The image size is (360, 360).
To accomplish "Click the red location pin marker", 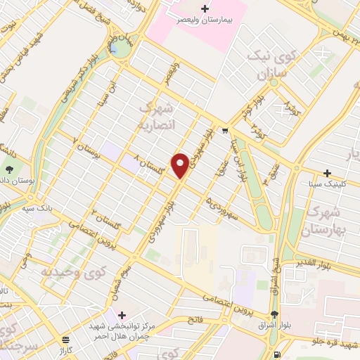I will click(x=181, y=165).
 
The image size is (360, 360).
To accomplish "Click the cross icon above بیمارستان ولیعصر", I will click(x=205, y=9).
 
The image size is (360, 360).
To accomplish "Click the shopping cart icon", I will click(x=224, y=130).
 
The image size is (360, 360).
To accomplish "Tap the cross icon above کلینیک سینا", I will click(x=326, y=172).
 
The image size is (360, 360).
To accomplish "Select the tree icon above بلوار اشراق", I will click(x=274, y=314).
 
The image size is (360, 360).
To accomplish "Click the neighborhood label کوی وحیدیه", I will click(x=67, y=270).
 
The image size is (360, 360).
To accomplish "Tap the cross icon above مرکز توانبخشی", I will click(x=123, y=314).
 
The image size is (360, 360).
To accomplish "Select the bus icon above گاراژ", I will click(x=65, y=339).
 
